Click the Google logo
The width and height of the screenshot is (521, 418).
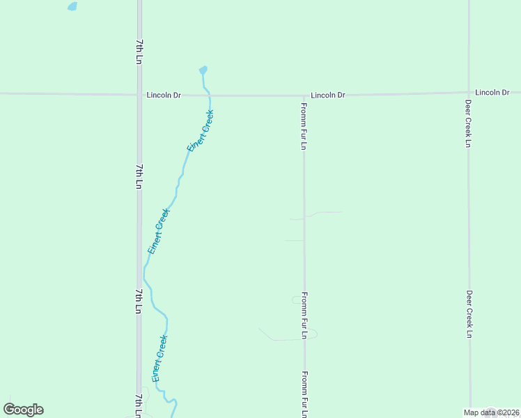(23, 410)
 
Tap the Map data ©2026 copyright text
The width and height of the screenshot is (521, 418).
(491, 412)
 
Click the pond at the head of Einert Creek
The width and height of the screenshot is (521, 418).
(203, 70)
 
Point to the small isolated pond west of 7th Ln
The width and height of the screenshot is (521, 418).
(72, 6)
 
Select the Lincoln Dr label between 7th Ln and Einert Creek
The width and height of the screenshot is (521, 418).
(164, 95)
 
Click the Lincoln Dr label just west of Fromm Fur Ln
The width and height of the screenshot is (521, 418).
(328, 95)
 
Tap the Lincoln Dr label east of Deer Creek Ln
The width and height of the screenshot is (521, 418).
(492, 92)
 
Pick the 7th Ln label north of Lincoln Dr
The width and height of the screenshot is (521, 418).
(139, 52)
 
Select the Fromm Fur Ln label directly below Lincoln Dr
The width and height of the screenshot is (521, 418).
(304, 125)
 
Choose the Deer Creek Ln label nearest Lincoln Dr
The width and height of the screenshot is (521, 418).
(469, 123)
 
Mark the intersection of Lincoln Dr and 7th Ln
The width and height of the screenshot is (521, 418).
(139, 95)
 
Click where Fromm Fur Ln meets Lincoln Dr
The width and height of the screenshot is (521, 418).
(304, 95)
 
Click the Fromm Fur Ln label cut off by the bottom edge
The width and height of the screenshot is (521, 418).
(304, 394)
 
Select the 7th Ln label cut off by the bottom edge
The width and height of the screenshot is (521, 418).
(139, 405)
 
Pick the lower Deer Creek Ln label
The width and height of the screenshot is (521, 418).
(469, 314)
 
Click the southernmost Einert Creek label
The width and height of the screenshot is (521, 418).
(160, 358)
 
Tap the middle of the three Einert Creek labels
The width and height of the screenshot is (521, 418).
(159, 231)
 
